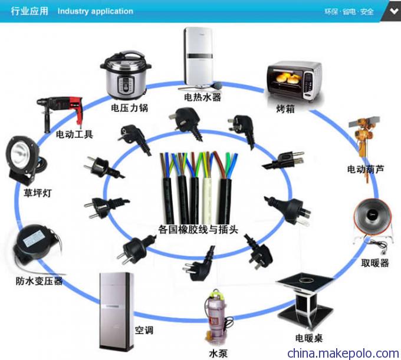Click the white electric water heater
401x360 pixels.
tap(199, 58)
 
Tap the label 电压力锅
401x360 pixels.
tap(129, 108)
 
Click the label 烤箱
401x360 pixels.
tap(285, 109)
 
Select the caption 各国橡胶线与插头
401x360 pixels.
tap(198, 229)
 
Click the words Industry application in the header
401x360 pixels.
tap(96, 11)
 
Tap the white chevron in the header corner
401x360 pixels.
tap(394, 11)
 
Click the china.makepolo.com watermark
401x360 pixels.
tap(343, 354)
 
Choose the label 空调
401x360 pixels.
tap(144, 330)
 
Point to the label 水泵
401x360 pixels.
tap(218, 354)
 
